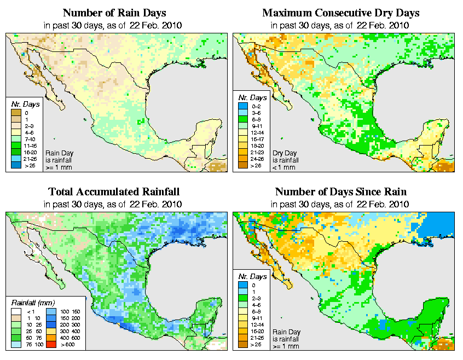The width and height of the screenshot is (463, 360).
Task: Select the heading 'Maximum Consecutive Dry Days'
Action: pyautogui.click(x=340, y=13)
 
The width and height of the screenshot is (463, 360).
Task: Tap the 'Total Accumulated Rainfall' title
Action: pyautogui.click(x=113, y=192)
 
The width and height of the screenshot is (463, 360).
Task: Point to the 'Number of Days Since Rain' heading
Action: pyautogui.click(x=340, y=192)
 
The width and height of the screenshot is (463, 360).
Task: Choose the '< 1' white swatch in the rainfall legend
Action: pyautogui.click(x=16, y=312)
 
